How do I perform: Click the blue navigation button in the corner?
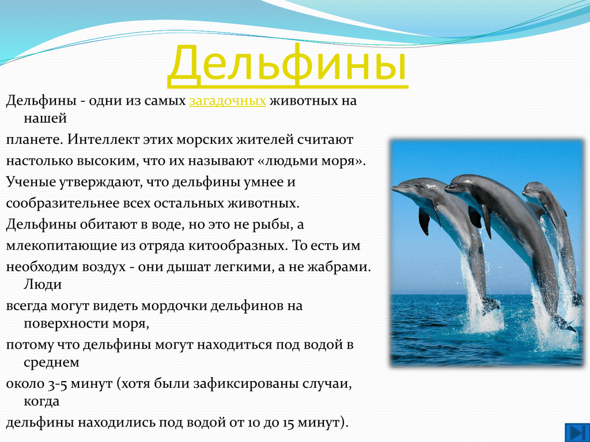(576, 432)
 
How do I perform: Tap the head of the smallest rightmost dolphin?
(533, 190)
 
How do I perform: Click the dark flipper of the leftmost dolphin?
(424, 221)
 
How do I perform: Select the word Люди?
(43, 284)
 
